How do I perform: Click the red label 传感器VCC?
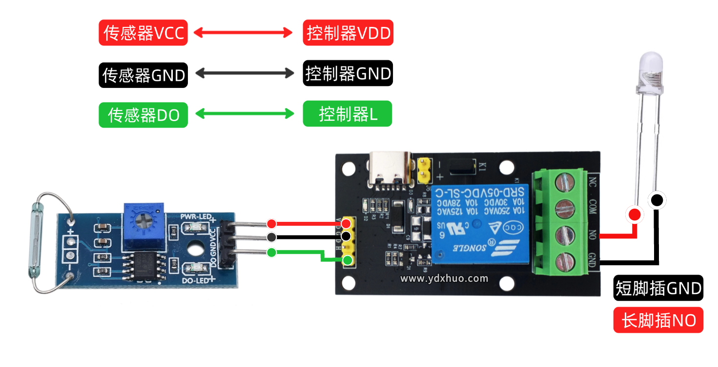(x=143, y=33)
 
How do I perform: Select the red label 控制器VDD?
(x=348, y=33)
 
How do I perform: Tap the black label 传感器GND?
(x=143, y=75)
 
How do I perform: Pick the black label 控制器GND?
(x=348, y=73)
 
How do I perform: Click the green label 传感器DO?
(x=143, y=115)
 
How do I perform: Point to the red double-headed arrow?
(x=243, y=33)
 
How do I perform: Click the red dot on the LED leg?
(x=635, y=214)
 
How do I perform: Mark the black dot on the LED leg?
(x=656, y=200)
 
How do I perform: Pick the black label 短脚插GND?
(x=658, y=288)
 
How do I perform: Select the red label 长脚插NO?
(x=658, y=320)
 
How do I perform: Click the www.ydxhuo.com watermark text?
(x=444, y=279)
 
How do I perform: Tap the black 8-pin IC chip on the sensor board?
(x=144, y=266)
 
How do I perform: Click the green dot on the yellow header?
(x=347, y=260)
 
